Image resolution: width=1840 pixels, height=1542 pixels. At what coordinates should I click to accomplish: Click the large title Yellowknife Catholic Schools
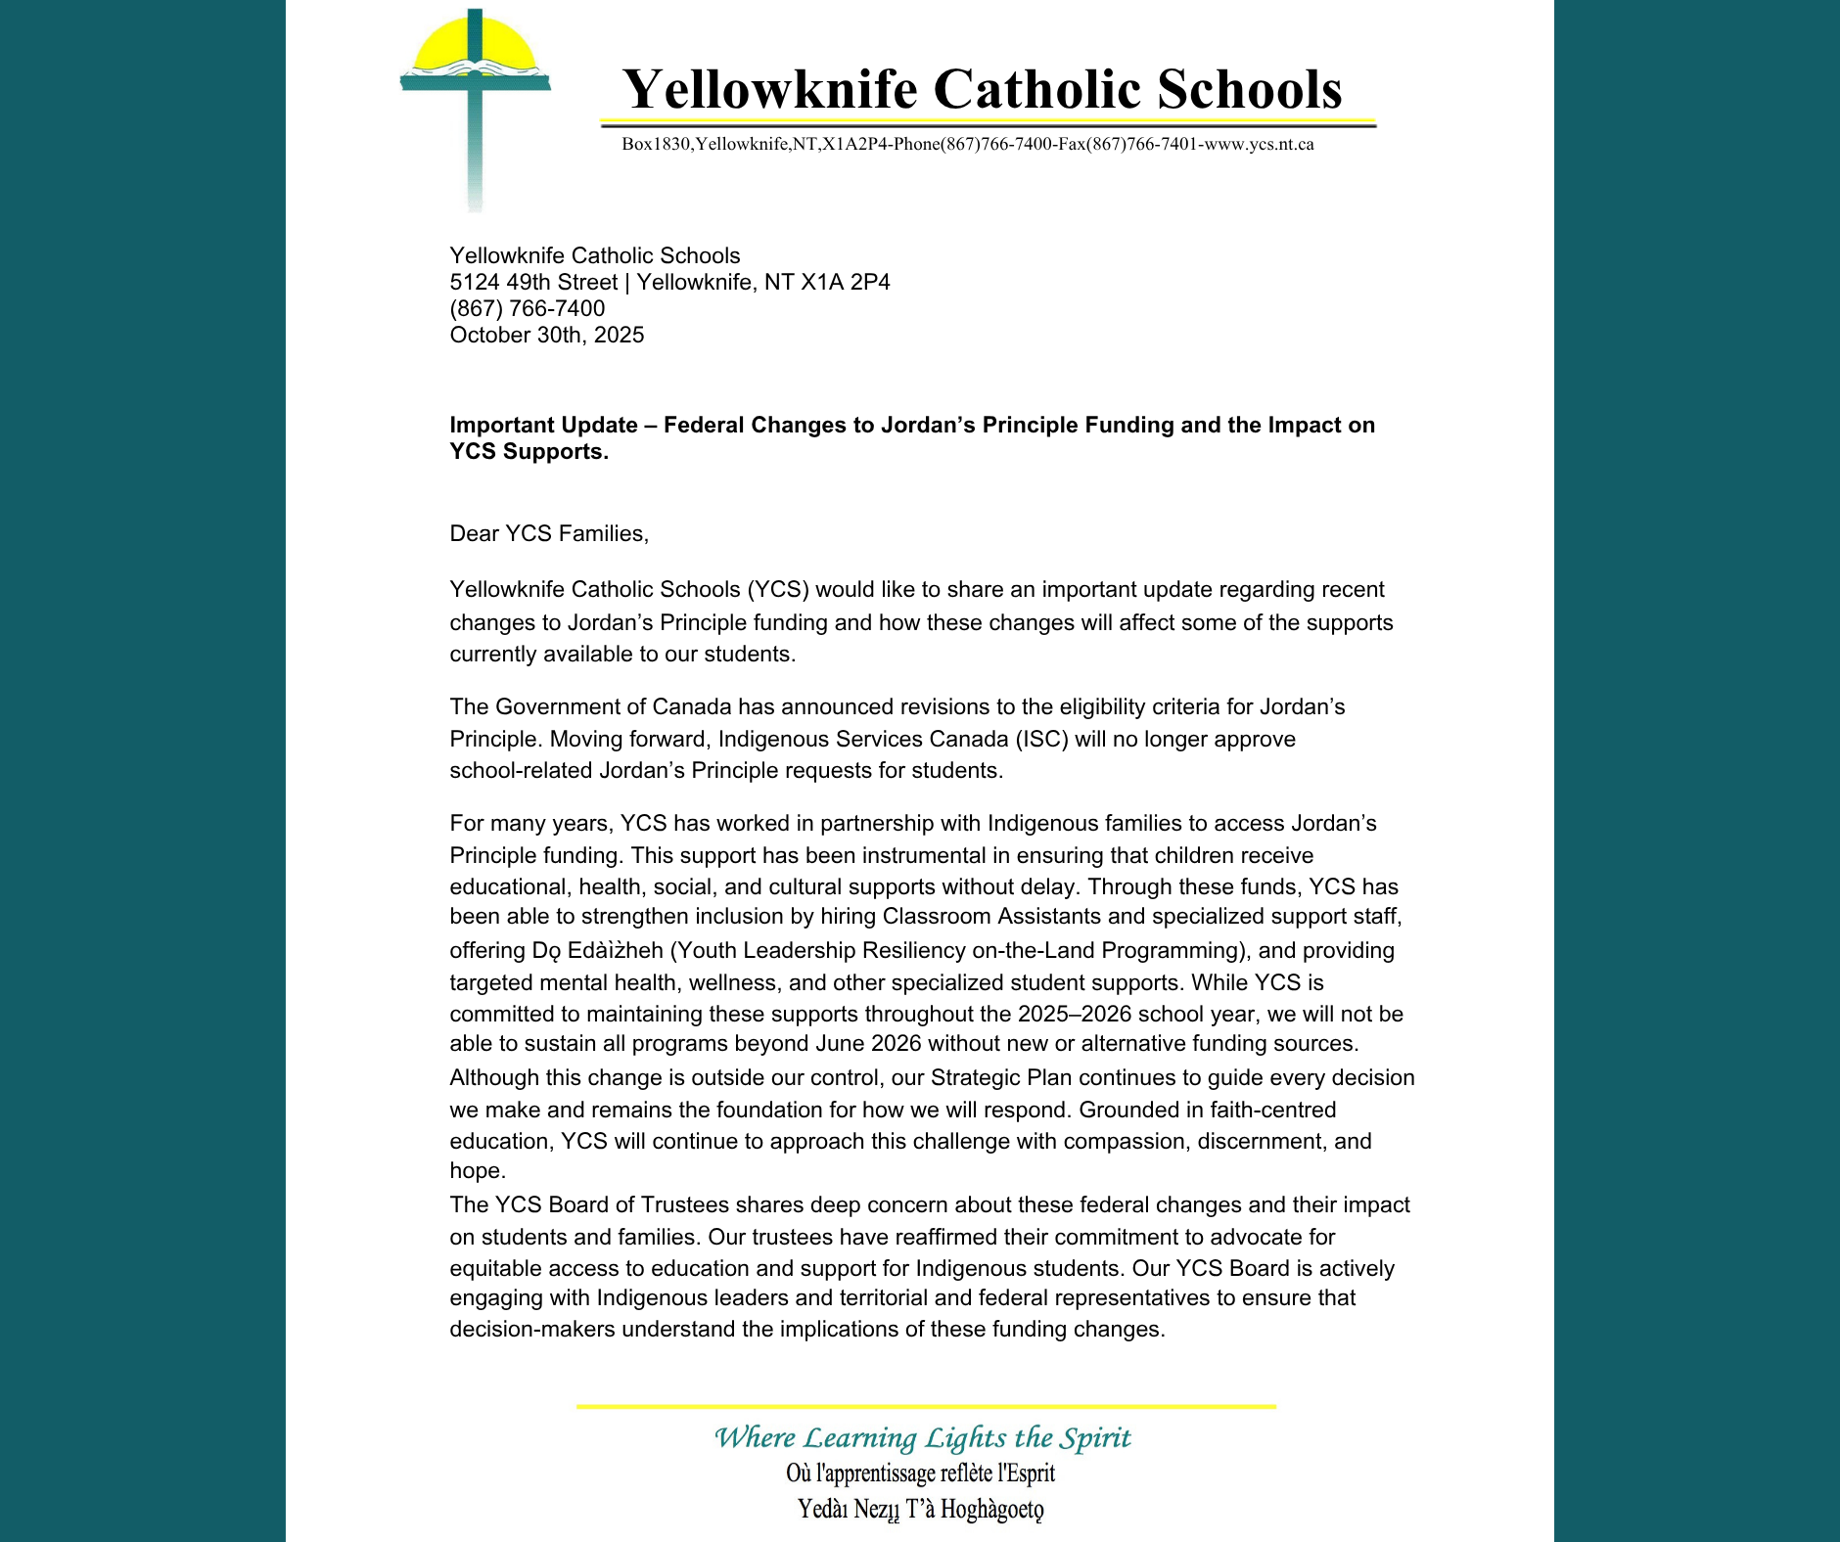coord(982,89)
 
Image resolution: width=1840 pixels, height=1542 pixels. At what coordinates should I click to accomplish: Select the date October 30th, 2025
coord(546,336)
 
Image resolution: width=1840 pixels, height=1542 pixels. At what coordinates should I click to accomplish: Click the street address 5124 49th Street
coord(533,283)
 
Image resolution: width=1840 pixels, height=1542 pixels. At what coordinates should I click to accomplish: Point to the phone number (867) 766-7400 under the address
coord(527,309)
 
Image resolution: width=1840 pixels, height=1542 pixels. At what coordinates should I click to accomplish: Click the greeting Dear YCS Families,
coord(549,534)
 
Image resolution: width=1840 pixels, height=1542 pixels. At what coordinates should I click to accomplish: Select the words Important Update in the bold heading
coord(543,426)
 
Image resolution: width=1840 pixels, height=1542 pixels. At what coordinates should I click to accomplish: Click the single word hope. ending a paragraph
coord(478,1171)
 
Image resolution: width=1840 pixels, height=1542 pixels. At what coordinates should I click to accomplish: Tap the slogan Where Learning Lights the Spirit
coord(922,1438)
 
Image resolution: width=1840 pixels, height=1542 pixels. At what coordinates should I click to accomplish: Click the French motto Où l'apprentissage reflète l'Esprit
coord(920,1474)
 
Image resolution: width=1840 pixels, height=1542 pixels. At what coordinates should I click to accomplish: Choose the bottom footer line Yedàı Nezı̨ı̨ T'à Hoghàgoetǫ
coord(920,1510)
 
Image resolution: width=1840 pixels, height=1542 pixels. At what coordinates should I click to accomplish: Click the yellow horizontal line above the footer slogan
coord(926,1407)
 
